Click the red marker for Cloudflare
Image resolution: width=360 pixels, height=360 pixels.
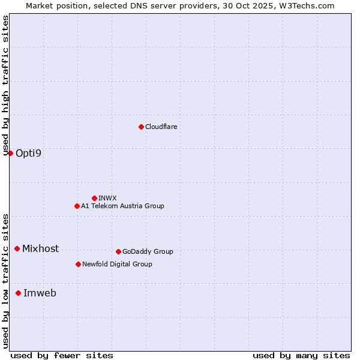pyautogui.click(x=141, y=127)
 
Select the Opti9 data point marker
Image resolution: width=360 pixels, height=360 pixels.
pyautogui.click(x=10, y=153)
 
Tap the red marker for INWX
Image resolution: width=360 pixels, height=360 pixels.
pyautogui.click(x=94, y=198)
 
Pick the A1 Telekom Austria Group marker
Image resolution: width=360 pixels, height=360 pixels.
pyautogui.click(x=77, y=206)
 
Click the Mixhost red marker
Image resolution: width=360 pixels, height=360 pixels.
pyautogui.click(x=17, y=248)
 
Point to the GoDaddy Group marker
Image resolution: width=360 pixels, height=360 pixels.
pyautogui.click(x=118, y=251)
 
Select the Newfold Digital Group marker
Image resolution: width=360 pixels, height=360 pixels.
pyautogui.click(x=78, y=264)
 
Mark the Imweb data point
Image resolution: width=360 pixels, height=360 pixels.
pyautogui.click(x=18, y=293)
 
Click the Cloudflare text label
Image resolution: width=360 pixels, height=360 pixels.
pyautogui.click(x=161, y=127)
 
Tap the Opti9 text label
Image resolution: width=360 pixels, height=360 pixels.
pyautogui.click(x=28, y=153)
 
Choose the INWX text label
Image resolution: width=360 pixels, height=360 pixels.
pyautogui.click(x=107, y=198)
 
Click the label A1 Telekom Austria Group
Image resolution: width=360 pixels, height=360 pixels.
pyautogui.click(x=122, y=206)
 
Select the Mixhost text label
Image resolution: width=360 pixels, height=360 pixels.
pyautogui.click(x=40, y=248)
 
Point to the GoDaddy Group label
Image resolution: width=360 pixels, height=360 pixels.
pyautogui.click(x=148, y=251)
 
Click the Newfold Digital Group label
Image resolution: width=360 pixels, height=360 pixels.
pyautogui.click(x=117, y=264)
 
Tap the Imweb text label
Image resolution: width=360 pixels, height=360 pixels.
pyautogui.click(x=40, y=293)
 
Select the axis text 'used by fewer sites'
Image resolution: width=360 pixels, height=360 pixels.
pyautogui.click(x=62, y=355)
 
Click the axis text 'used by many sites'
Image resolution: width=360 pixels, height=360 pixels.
pyautogui.click(x=301, y=355)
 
